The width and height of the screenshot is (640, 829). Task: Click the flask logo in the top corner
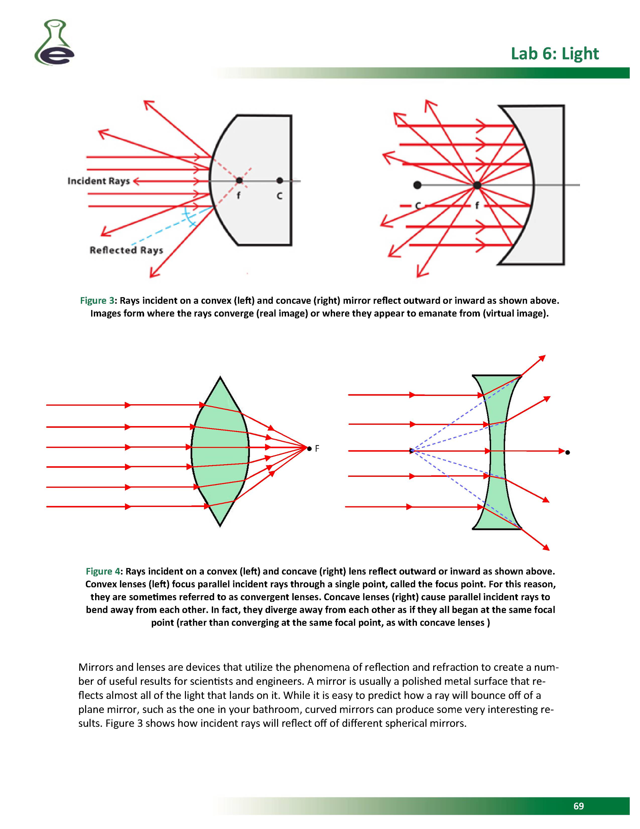pos(54,42)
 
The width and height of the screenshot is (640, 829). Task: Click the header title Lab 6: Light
pos(554,53)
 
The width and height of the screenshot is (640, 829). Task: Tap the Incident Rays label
pos(99,181)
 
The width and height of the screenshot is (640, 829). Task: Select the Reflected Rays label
pos(126,250)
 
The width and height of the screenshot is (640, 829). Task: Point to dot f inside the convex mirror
pos(239,181)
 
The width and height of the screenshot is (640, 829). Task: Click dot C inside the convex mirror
pos(280,181)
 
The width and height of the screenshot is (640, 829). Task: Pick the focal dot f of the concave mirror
pos(477,185)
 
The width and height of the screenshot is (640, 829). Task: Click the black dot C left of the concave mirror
pos(417,185)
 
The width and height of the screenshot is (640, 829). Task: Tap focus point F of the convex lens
pos(310,449)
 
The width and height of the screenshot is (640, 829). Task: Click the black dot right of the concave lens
pos(567,452)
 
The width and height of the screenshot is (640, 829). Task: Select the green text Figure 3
pos(97,301)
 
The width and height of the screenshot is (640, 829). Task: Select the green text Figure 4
pos(103,571)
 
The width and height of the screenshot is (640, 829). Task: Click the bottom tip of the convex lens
pos(220,525)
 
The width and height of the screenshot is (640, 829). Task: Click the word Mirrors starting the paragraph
pos(95,667)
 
